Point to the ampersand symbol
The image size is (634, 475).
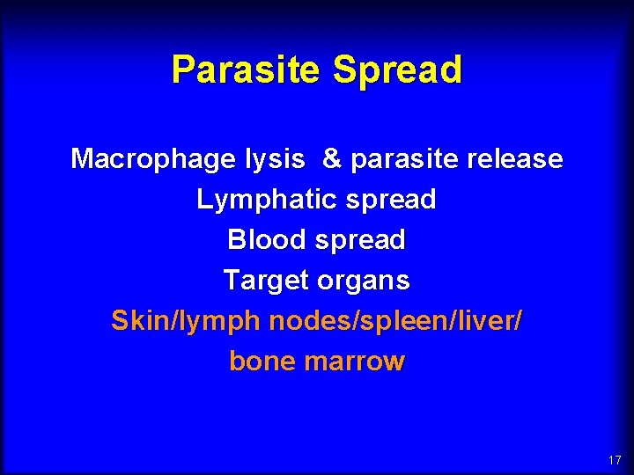click(x=332, y=159)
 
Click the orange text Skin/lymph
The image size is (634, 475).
click(x=187, y=321)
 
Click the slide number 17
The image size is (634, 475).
click(x=614, y=460)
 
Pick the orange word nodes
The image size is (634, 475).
click(x=308, y=321)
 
